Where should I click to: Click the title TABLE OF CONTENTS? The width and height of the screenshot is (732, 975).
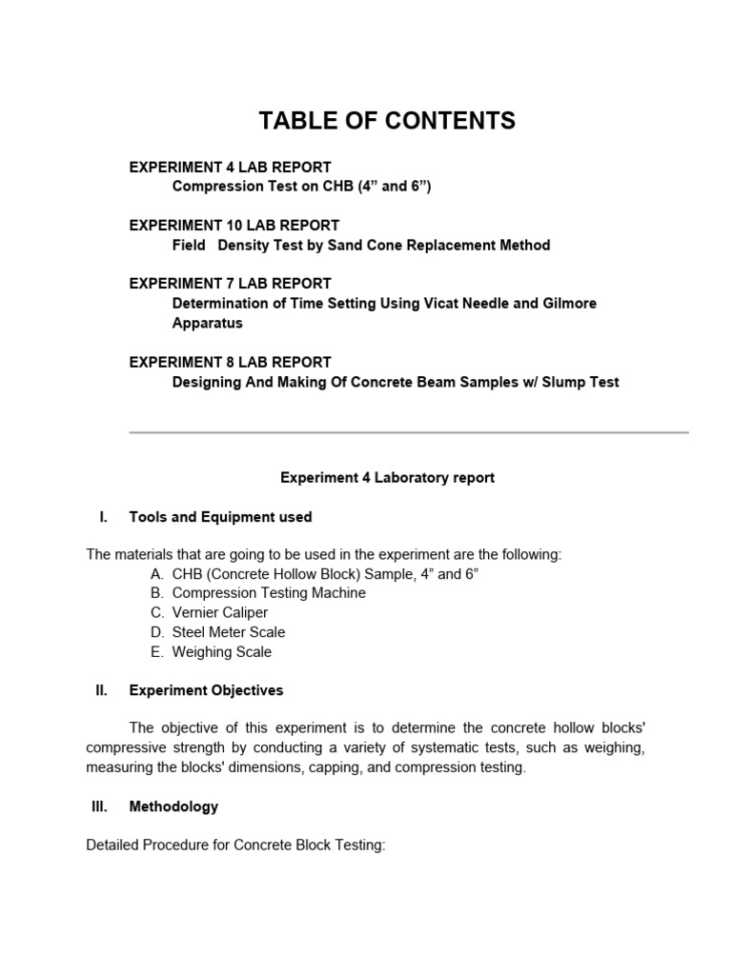(387, 121)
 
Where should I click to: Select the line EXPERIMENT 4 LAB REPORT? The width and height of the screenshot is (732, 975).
(230, 168)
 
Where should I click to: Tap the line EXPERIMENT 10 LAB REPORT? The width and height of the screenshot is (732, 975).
(234, 226)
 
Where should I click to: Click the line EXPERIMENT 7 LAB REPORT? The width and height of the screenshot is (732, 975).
(230, 284)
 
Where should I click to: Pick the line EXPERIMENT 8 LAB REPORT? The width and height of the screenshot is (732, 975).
(230, 362)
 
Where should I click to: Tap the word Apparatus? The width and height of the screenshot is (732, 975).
(207, 323)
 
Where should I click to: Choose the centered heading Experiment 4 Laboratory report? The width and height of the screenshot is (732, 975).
(387, 478)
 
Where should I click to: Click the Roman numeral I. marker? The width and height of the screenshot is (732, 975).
(103, 517)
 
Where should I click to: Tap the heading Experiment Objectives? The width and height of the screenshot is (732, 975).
(206, 690)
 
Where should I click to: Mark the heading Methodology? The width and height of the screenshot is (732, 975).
(173, 806)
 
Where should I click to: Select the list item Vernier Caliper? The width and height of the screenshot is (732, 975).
(219, 612)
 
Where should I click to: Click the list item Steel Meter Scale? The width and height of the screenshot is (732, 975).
(228, 632)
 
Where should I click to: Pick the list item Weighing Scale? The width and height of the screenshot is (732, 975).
(221, 652)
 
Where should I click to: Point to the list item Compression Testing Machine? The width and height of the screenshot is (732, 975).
(268, 593)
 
